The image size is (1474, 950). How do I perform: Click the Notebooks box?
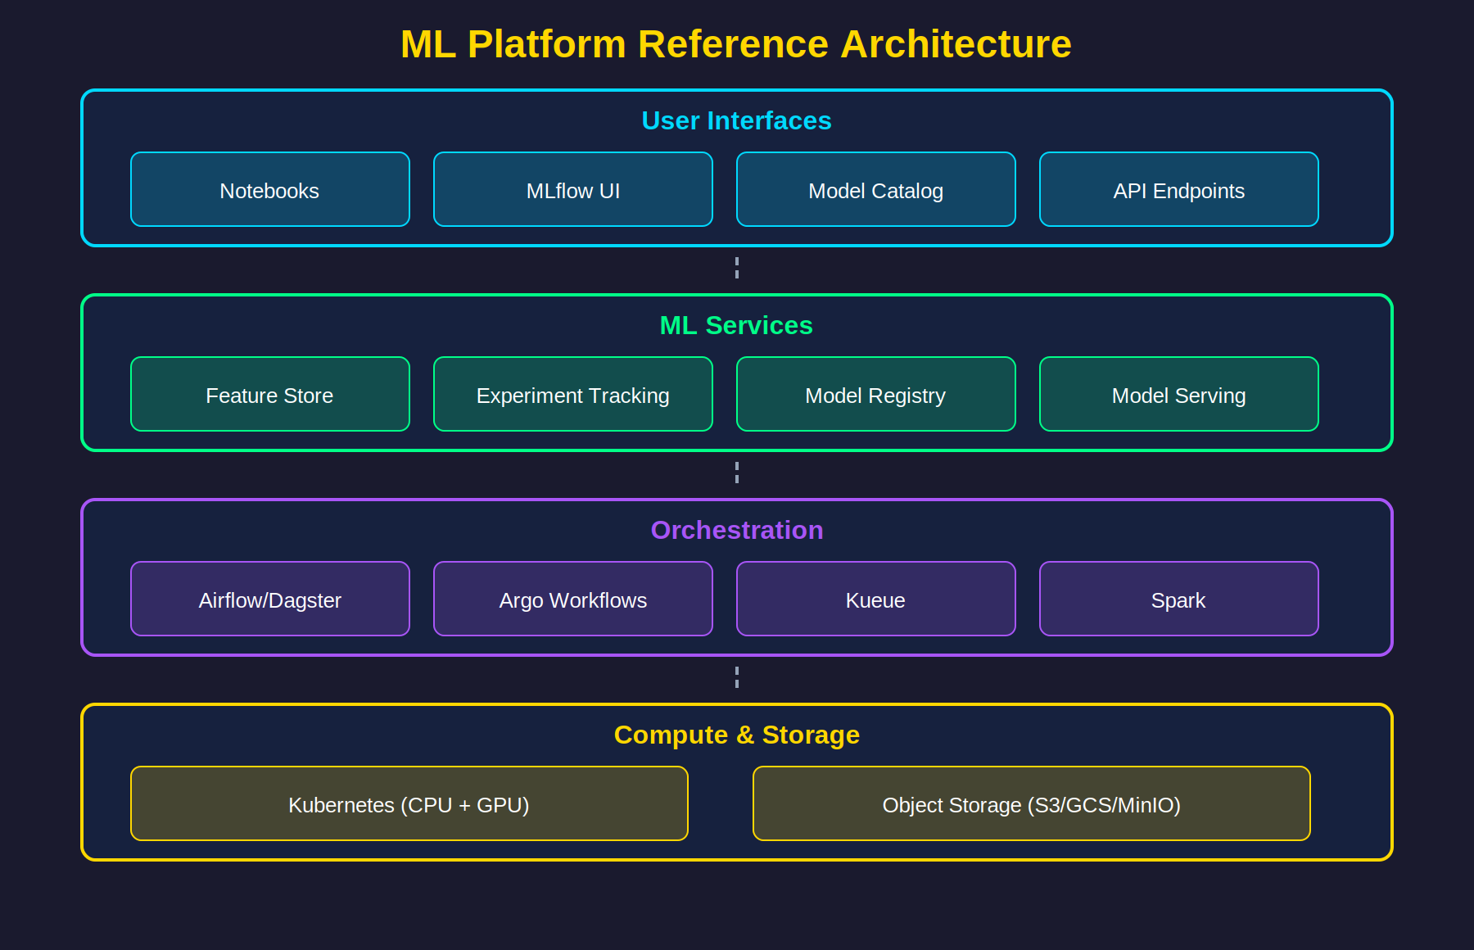pyautogui.click(x=269, y=189)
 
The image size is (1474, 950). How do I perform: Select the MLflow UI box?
pyautogui.click(x=572, y=189)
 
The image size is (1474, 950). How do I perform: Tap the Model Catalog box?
pyautogui.click(x=875, y=189)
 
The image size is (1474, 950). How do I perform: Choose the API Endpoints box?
pyautogui.click(x=1178, y=189)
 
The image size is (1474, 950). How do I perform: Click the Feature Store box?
pyautogui.click(x=269, y=394)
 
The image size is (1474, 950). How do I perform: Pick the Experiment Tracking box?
pyautogui.click(x=572, y=394)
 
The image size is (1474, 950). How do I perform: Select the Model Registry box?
pyautogui.click(x=875, y=394)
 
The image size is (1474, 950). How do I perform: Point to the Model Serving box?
pyautogui.click(x=1178, y=394)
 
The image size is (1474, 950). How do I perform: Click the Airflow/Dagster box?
pyautogui.click(x=269, y=599)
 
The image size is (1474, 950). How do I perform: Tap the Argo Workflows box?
pyautogui.click(x=572, y=599)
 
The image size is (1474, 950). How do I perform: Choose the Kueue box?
pyautogui.click(x=875, y=599)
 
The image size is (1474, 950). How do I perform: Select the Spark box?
pyautogui.click(x=1178, y=599)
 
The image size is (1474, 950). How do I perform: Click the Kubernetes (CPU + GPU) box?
pyautogui.click(x=409, y=803)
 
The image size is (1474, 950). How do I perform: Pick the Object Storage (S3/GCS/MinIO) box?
pyautogui.click(x=1031, y=803)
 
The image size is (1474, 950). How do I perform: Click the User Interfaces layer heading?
pyautogui.click(x=736, y=120)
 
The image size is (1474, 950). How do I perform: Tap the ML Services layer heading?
pyautogui.click(x=736, y=325)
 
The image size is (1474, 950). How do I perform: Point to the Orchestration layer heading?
pyautogui.click(x=736, y=530)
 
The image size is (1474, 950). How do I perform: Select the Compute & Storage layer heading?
pyautogui.click(x=736, y=735)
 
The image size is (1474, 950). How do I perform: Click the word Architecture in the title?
pyautogui.click(x=955, y=44)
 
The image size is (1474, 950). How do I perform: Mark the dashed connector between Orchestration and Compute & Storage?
pyautogui.click(x=737, y=677)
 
